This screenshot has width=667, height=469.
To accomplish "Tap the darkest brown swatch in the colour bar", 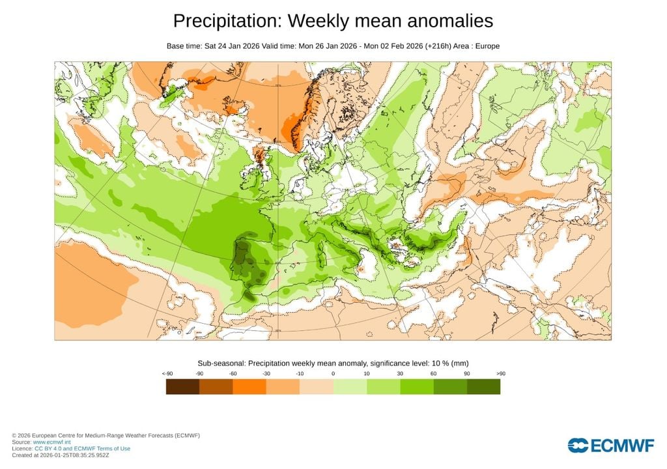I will pyautogui.click(x=183, y=387).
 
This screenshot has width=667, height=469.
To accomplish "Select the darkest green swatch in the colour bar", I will pyautogui.click(x=483, y=387).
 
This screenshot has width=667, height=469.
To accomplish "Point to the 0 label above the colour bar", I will pyautogui.click(x=333, y=373).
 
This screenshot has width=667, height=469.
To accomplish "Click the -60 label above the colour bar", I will pyautogui.click(x=233, y=373).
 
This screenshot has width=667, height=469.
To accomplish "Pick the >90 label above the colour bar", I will pyautogui.click(x=500, y=373).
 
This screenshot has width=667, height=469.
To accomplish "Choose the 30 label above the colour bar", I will pyautogui.click(x=400, y=373).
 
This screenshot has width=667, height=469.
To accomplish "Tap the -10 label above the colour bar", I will pyautogui.click(x=300, y=373).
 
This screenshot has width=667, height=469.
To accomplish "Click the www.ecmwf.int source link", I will pyautogui.click(x=51, y=442).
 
